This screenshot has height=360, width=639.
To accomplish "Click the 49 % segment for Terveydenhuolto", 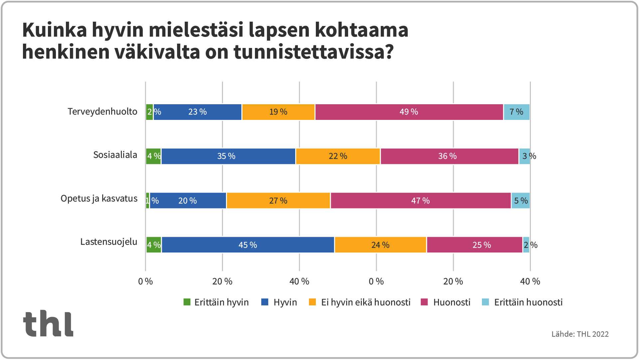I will (409, 112).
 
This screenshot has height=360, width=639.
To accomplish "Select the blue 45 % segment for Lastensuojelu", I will (248, 245).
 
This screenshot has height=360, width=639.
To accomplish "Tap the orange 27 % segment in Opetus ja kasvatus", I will (278, 201).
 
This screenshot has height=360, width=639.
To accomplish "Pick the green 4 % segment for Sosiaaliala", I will (153, 156).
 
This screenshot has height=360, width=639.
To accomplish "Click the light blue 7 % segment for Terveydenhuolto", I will (516, 112).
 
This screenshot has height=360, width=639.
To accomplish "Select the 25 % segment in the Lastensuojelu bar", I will (474, 245).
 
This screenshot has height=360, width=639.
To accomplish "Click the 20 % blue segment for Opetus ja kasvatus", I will (188, 201).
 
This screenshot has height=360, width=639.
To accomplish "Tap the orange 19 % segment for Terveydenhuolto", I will (278, 112).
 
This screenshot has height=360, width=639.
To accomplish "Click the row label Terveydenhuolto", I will (102, 112).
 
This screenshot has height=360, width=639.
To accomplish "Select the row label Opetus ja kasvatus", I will (99, 198).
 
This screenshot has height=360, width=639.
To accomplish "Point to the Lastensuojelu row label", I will (108, 242).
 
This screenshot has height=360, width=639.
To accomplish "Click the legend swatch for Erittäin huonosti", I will (486, 302).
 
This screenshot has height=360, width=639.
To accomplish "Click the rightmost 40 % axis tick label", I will (530, 282).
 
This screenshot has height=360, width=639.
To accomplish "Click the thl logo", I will (48, 323).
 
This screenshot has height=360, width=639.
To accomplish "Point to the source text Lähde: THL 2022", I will (580, 334).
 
